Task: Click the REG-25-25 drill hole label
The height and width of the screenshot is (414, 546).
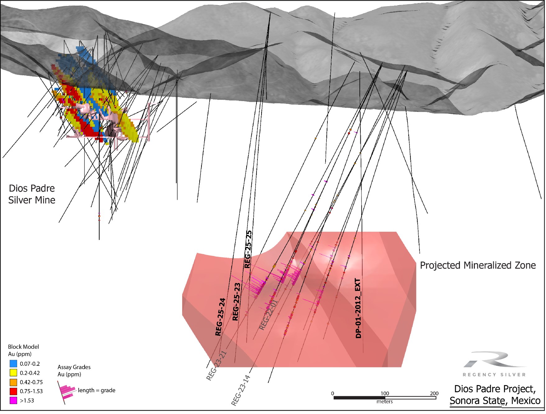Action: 248,249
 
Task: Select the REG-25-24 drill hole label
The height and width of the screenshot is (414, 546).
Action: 220,317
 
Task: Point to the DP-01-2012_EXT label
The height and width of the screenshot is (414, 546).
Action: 358,308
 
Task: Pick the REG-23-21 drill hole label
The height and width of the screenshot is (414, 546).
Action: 216,366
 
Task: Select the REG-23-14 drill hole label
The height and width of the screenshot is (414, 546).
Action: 241,390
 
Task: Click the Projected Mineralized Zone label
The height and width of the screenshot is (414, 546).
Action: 478,265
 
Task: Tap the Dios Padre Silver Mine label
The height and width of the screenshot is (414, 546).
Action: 32,194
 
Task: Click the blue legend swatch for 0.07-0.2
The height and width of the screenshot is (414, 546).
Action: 13,364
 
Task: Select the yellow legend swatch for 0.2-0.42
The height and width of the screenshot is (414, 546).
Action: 13,373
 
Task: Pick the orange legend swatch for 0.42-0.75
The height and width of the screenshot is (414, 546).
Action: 13,382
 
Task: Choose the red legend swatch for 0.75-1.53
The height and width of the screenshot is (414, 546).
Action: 13,391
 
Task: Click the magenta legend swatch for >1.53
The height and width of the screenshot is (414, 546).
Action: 13,400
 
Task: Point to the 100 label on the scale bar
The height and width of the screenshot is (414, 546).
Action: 385,393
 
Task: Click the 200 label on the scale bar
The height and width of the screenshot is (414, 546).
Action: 434,393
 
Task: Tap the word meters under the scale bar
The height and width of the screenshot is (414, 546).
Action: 385,402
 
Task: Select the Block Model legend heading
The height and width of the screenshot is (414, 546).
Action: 23,347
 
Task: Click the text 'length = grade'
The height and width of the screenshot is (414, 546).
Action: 96,390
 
